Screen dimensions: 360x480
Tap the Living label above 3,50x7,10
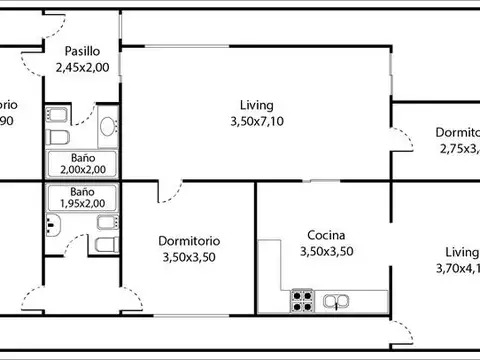coord(256,105)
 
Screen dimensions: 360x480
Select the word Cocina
coord(327,236)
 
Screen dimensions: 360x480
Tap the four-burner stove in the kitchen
coord(302,298)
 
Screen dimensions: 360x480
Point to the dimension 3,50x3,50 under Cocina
coord(327,252)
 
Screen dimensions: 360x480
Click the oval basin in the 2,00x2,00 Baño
coord(108,127)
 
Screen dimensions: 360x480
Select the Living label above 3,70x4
coord(462,253)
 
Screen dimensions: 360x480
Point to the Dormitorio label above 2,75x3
coord(458,133)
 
